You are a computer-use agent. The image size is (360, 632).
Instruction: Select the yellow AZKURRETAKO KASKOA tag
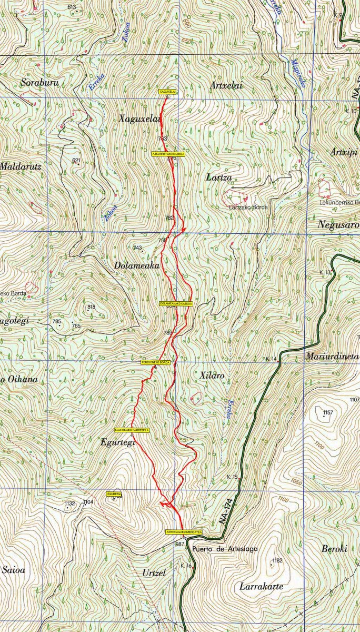[x=168, y=154]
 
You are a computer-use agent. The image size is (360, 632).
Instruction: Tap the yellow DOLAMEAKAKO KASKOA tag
[x=176, y=304]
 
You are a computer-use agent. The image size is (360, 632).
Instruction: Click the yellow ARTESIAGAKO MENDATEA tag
[x=184, y=532]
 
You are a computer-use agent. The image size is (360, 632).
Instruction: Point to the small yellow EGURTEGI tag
[x=114, y=494]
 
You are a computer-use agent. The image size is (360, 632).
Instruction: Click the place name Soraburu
[x=39, y=83]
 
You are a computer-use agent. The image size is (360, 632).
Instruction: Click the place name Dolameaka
[x=137, y=266]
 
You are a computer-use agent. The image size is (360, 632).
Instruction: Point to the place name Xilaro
[x=213, y=376]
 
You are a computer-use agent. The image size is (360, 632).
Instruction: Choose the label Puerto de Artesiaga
[x=225, y=549]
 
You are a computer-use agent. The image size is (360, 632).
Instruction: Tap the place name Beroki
[x=334, y=549]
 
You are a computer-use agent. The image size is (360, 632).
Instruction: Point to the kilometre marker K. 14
[x=272, y=359]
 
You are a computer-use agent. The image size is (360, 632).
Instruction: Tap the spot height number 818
[x=92, y=307]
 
